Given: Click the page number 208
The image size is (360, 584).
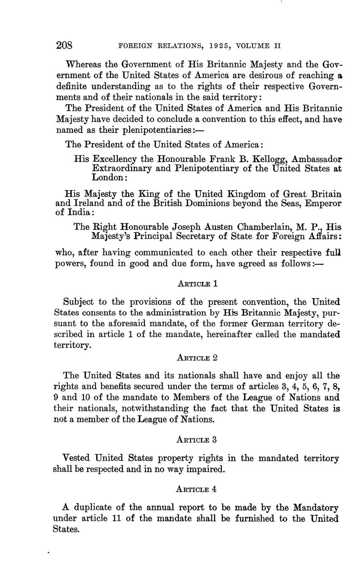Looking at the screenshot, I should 64,45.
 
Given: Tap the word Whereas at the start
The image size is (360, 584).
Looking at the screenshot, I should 85,65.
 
